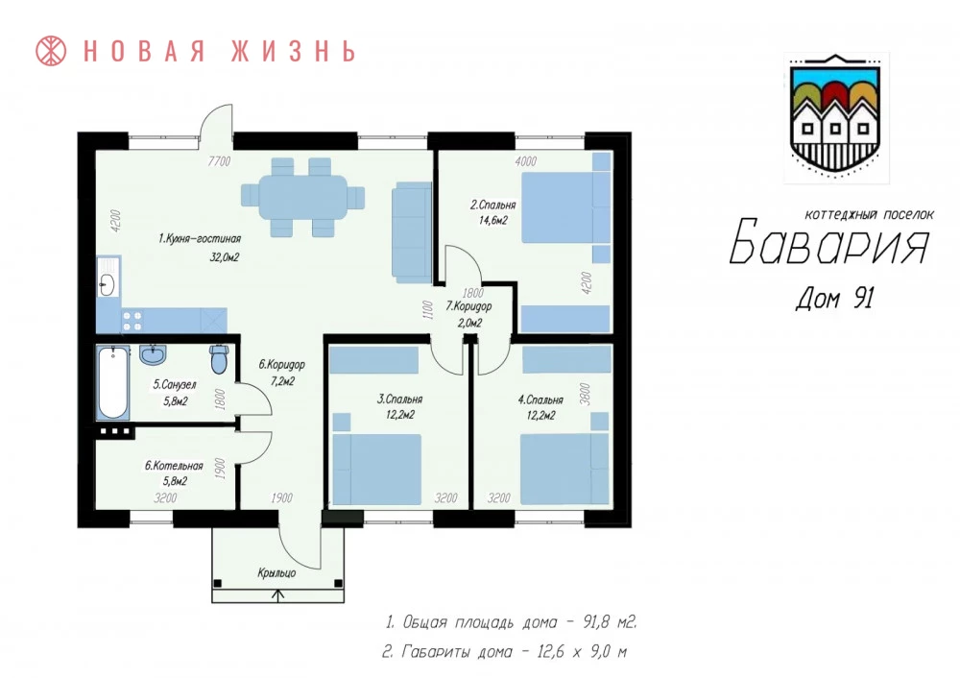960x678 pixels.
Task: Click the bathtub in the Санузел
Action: click(x=113, y=383)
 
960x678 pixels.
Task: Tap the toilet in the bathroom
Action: click(x=219, y=359)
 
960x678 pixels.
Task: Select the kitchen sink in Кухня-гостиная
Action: click(x=108, y=283)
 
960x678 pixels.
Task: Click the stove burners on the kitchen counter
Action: click(x=132, y=321)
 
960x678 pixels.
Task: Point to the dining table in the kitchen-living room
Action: click(x=303, y=197)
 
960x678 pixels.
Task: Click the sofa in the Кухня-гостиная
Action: click(x=412, y=235)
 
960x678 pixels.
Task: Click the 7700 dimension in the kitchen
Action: click(x=219, y=161)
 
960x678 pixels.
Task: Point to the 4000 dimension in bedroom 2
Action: click(x=525, y=161)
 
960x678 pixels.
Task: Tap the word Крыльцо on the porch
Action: click(x=276, y=573)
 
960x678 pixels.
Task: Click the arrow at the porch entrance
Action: click(x=278, y=595)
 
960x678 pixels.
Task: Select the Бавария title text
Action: click(x=829, y=241)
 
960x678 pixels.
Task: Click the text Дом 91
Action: click(x=834, y=299)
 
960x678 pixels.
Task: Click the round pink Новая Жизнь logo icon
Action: click(x=51, y=51)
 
